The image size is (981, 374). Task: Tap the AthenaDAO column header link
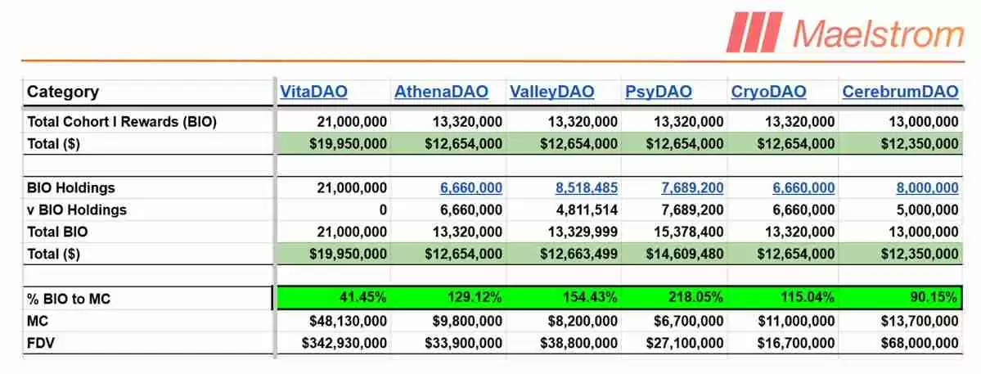click(441, 92)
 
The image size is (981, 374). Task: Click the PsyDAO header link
click(658, 92)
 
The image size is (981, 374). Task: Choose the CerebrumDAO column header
click(900, 92)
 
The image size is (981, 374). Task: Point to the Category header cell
click(63, 92)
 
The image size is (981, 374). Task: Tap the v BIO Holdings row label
click(77, 210)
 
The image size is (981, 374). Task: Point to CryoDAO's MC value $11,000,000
click(794, 321)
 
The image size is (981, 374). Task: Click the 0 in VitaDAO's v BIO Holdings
click(383, 210)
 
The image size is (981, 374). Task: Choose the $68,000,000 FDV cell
click(915, 343)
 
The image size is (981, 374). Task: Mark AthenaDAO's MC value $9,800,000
click(463, 321)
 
